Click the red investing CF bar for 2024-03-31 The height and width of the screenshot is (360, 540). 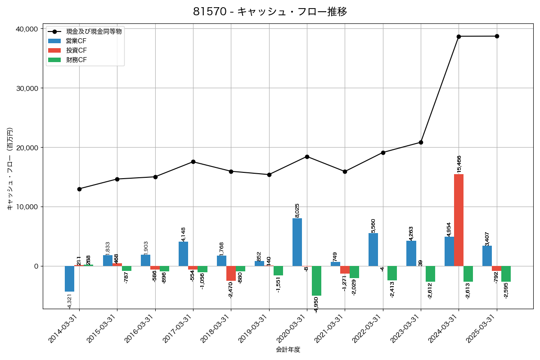point(459,220)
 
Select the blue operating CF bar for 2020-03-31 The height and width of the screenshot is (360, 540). point(297,242)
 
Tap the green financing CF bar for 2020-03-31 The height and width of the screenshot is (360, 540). point(316,281)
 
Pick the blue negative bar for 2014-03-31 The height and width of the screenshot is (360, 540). point(69,279)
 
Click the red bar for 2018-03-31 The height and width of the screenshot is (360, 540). point(231,273)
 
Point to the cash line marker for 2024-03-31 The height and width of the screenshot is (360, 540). point(459,36)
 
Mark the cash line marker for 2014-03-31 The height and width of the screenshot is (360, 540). point(79,189)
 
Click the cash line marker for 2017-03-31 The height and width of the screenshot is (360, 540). point(193,162)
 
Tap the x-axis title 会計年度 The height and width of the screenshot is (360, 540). point(288,350)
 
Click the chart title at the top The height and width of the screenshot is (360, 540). point(270,12)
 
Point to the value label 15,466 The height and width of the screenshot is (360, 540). point(459,164)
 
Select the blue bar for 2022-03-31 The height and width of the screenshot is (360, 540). point(373,249)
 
